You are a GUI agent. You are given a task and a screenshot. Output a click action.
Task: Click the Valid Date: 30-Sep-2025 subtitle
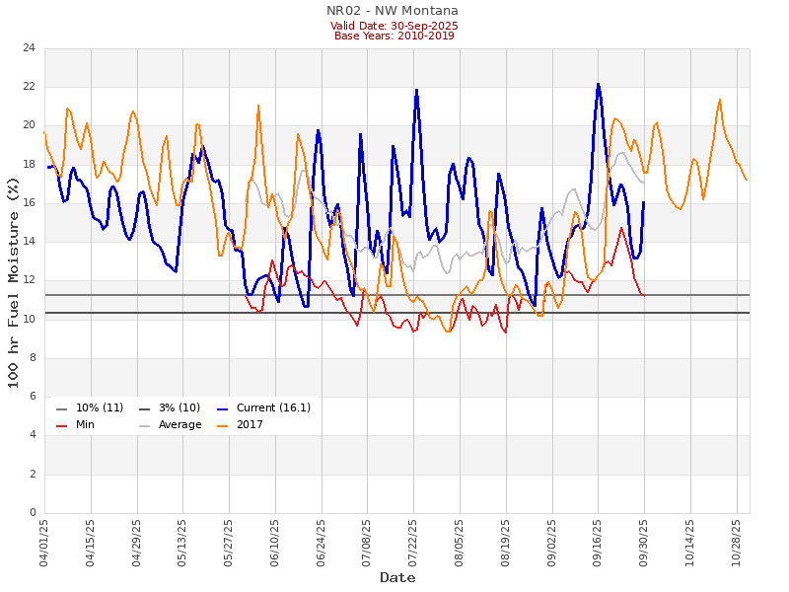point(394,26)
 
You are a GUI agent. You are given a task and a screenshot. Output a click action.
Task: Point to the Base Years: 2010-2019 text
point(394,37)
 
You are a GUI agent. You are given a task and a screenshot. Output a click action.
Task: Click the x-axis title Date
point(397,577)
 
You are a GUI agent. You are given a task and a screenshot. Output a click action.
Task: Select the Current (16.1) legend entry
point(260,408)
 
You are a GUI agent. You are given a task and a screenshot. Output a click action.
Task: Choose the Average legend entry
point(179,425)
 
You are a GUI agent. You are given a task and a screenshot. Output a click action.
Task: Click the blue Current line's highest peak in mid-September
point(598,84)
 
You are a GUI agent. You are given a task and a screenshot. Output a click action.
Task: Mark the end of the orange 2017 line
point(747,180)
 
